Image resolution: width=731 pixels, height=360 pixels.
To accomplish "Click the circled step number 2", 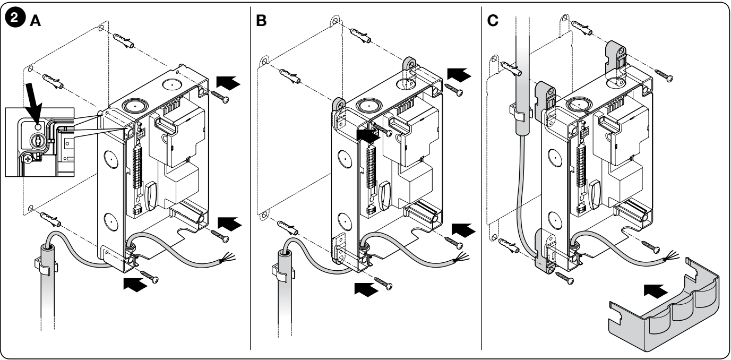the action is pos(15,18).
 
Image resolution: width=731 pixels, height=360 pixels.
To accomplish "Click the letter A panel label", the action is pos(36,21).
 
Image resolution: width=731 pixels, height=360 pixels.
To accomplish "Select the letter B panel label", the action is pos(261,21).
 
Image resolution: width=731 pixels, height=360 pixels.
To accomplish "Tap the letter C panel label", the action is pos(493,21).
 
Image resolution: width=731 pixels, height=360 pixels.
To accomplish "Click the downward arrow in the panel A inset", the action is pos(35,103).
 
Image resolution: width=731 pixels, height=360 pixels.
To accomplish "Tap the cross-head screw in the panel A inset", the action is pos(28,160).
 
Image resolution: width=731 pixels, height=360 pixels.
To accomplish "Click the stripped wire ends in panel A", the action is pos(228,258).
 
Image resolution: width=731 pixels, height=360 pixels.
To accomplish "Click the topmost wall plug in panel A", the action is pos(123,40).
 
